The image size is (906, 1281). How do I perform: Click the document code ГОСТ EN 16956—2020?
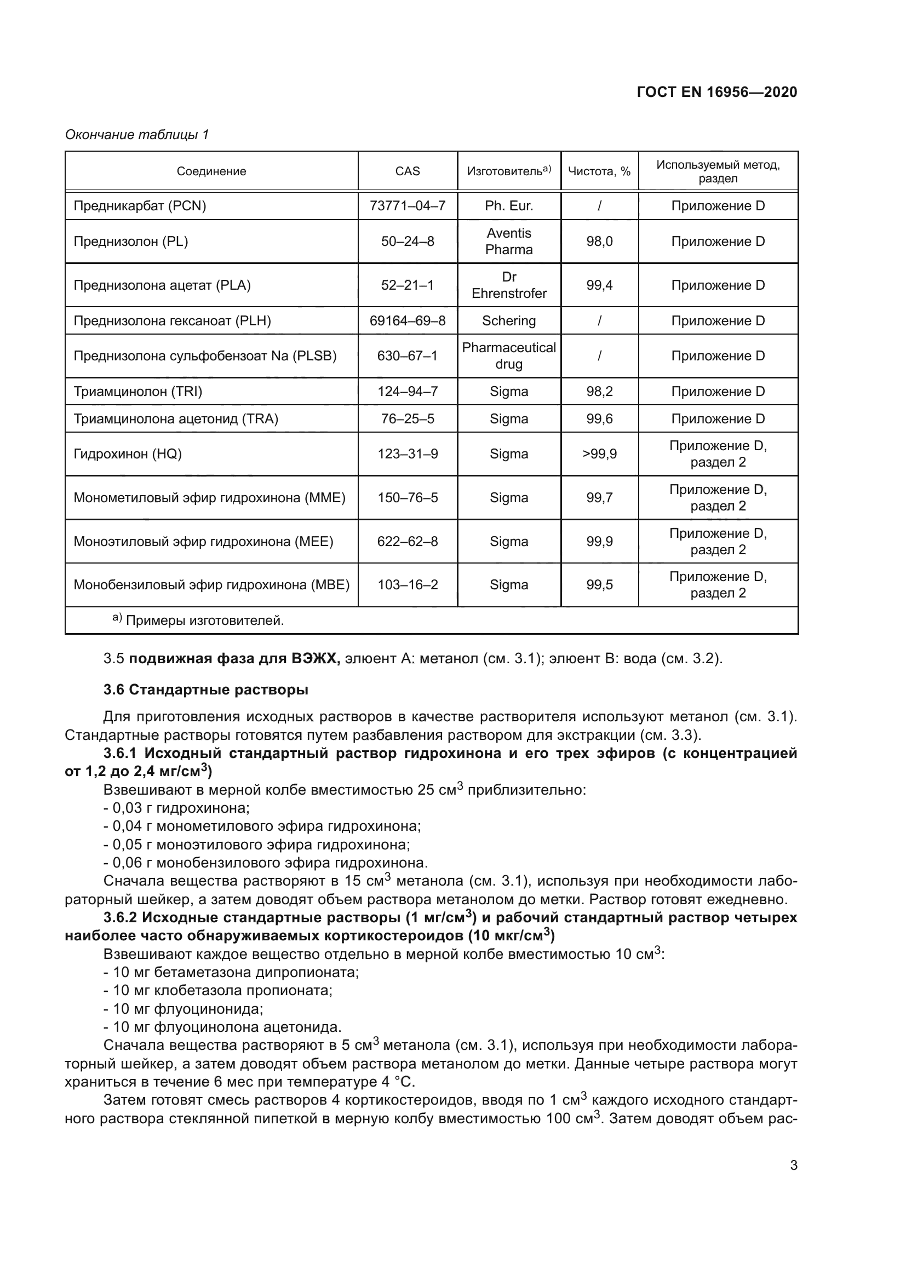click(716, 92)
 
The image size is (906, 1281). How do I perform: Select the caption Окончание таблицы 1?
click(137, 135)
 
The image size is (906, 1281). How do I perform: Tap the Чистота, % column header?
click(599, 171)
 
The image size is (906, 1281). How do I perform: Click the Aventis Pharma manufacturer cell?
click(509, 241)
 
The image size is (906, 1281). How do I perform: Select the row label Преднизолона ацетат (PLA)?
click(162, 285)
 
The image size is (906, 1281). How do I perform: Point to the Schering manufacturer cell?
click(509, 321)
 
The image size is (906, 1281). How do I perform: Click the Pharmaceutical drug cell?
click(509, 356)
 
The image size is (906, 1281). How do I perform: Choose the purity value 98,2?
click(599, 391)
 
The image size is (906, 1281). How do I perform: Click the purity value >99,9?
click(599, 454)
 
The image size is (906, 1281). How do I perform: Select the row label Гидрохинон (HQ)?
click(128, 454)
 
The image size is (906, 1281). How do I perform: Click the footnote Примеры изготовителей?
click(204, 621)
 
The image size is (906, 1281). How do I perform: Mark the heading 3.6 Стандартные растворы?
click(206, 690)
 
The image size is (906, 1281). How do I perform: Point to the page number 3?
click(793, 1165)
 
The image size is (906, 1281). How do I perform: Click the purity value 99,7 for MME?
click(599, 498)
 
